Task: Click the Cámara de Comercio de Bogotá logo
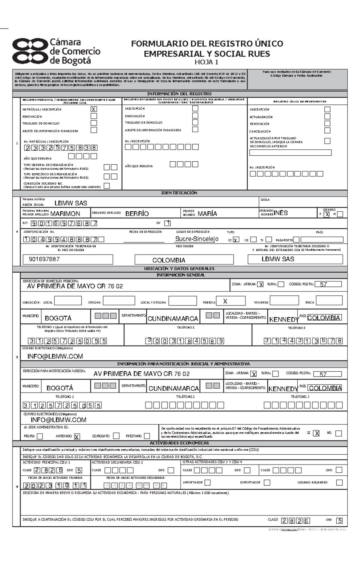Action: (x=56, y=52)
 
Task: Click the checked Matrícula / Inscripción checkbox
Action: (x=94, y=109)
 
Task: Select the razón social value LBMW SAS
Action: (x=71, y=203)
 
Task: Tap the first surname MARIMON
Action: (x=65, y=214)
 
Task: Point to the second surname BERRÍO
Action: (x=137, y=214)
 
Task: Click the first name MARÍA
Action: (x=207, y=214)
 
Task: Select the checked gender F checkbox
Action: (x=327, y=214)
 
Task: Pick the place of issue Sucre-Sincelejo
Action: (x=197, y=239)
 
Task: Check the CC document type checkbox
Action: (x=236, y=240)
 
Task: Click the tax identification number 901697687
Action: (x=44, y=259)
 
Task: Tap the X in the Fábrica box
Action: (x=225, y=301)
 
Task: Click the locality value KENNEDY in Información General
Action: (x=283, y=319)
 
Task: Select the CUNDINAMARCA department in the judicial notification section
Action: (x=174, y=388)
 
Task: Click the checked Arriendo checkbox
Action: (x=77, y=436)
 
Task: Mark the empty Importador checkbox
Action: (x=207, y=483)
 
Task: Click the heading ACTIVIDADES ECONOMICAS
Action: (x=179, y=443)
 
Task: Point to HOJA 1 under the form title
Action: (x=207, y=62)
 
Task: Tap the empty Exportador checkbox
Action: (x=267, y=483)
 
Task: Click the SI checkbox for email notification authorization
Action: (x=316, y=433)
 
